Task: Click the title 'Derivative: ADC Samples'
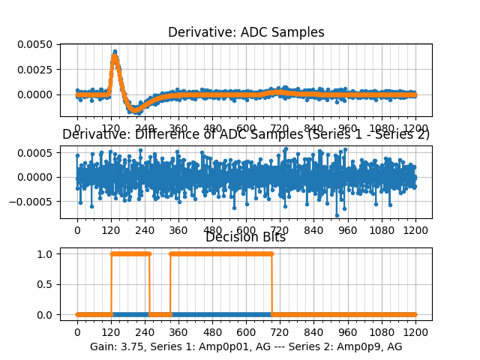click(x=246, y=32)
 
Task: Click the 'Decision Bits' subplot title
click(x=246, y=237)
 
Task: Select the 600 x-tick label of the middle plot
click(x=246, y=232)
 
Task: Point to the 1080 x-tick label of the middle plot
click(x=382, y=232)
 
